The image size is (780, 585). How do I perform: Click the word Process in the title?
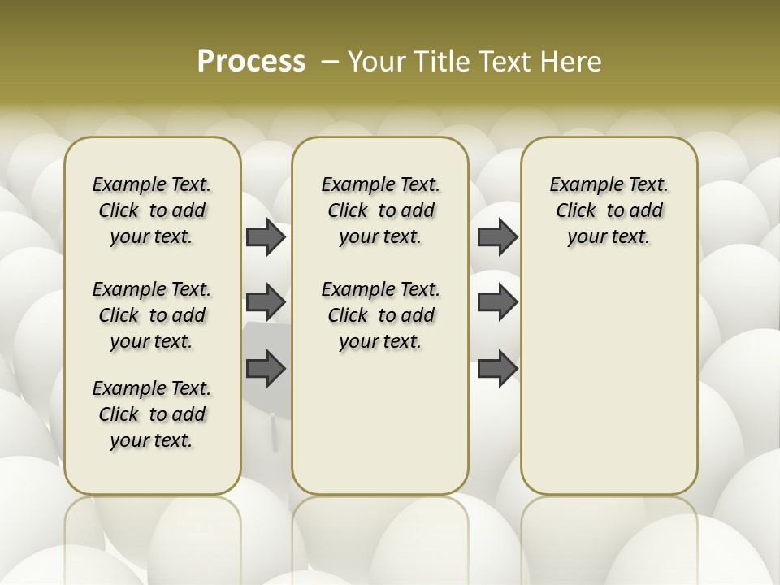pos(251,62)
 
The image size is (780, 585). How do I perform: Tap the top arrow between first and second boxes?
pos(266,237)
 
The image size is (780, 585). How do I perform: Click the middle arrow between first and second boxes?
pos(266,303)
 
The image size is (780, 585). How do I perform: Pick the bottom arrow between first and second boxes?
pos(266,369)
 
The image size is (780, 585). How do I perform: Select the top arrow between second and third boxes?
pos(497,237)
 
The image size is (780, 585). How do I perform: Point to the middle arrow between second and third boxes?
pos(497,303)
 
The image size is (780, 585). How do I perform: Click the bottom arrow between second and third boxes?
pos(497,369)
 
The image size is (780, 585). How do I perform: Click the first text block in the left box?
pos(152,210)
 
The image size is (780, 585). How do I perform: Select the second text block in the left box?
pos(152,315)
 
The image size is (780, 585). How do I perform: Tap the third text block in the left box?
pos(152,414)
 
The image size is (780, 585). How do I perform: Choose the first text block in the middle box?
pos(380,210)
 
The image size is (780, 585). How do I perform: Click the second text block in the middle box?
pos(380,315)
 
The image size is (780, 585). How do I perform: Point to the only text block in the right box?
pos(609,210)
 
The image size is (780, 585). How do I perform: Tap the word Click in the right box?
pos(576,210)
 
